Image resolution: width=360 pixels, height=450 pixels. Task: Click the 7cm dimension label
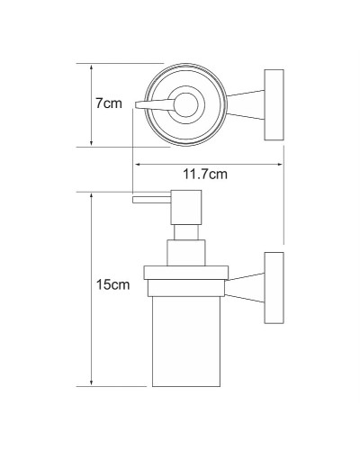[109, 103]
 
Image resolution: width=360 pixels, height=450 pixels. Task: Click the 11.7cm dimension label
[205, 174]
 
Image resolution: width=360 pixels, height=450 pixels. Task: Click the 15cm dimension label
[112, 284]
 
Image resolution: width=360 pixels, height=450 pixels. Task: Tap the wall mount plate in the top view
[274, 105]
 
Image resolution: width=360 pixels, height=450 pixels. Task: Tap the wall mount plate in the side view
[274, 288]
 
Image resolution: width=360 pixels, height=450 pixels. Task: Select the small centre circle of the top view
[186, 105]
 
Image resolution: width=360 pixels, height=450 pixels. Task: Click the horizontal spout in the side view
[151, 200]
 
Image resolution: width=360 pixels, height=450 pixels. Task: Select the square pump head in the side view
[186, 207]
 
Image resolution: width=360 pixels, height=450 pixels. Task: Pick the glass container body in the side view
[186, 341]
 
